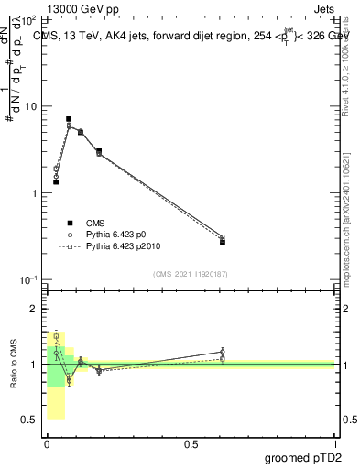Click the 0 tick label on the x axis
tap(47, 444)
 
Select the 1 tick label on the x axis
tap(334, 444)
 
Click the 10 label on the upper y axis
tap(32, 106)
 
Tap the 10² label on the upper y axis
tap(30, 19)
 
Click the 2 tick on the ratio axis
tap(34, 310)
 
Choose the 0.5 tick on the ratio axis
tap(30, 420)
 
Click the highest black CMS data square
tap(69, 119)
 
